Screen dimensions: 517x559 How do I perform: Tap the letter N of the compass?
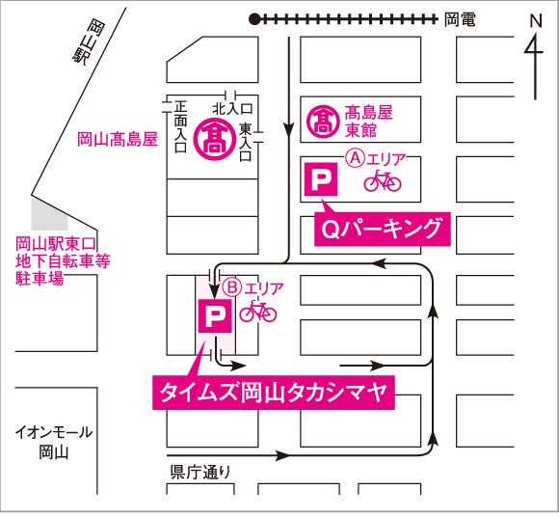[x=536, y=20]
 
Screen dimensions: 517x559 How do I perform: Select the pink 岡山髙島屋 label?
[x=117, y=140]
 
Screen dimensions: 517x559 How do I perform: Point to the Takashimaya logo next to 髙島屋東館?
[x=321, y=122]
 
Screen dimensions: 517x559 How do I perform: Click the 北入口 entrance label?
[x=231, y=107]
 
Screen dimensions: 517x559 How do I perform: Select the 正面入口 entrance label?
[x=180, y=127]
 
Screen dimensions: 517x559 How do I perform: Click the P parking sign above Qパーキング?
[x=320, y=179]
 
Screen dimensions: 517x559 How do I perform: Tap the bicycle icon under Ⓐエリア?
[x=383, y=179]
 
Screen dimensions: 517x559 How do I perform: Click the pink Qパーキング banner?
[x=381, y=230]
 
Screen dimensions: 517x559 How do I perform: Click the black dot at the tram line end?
[x=254, y=17]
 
